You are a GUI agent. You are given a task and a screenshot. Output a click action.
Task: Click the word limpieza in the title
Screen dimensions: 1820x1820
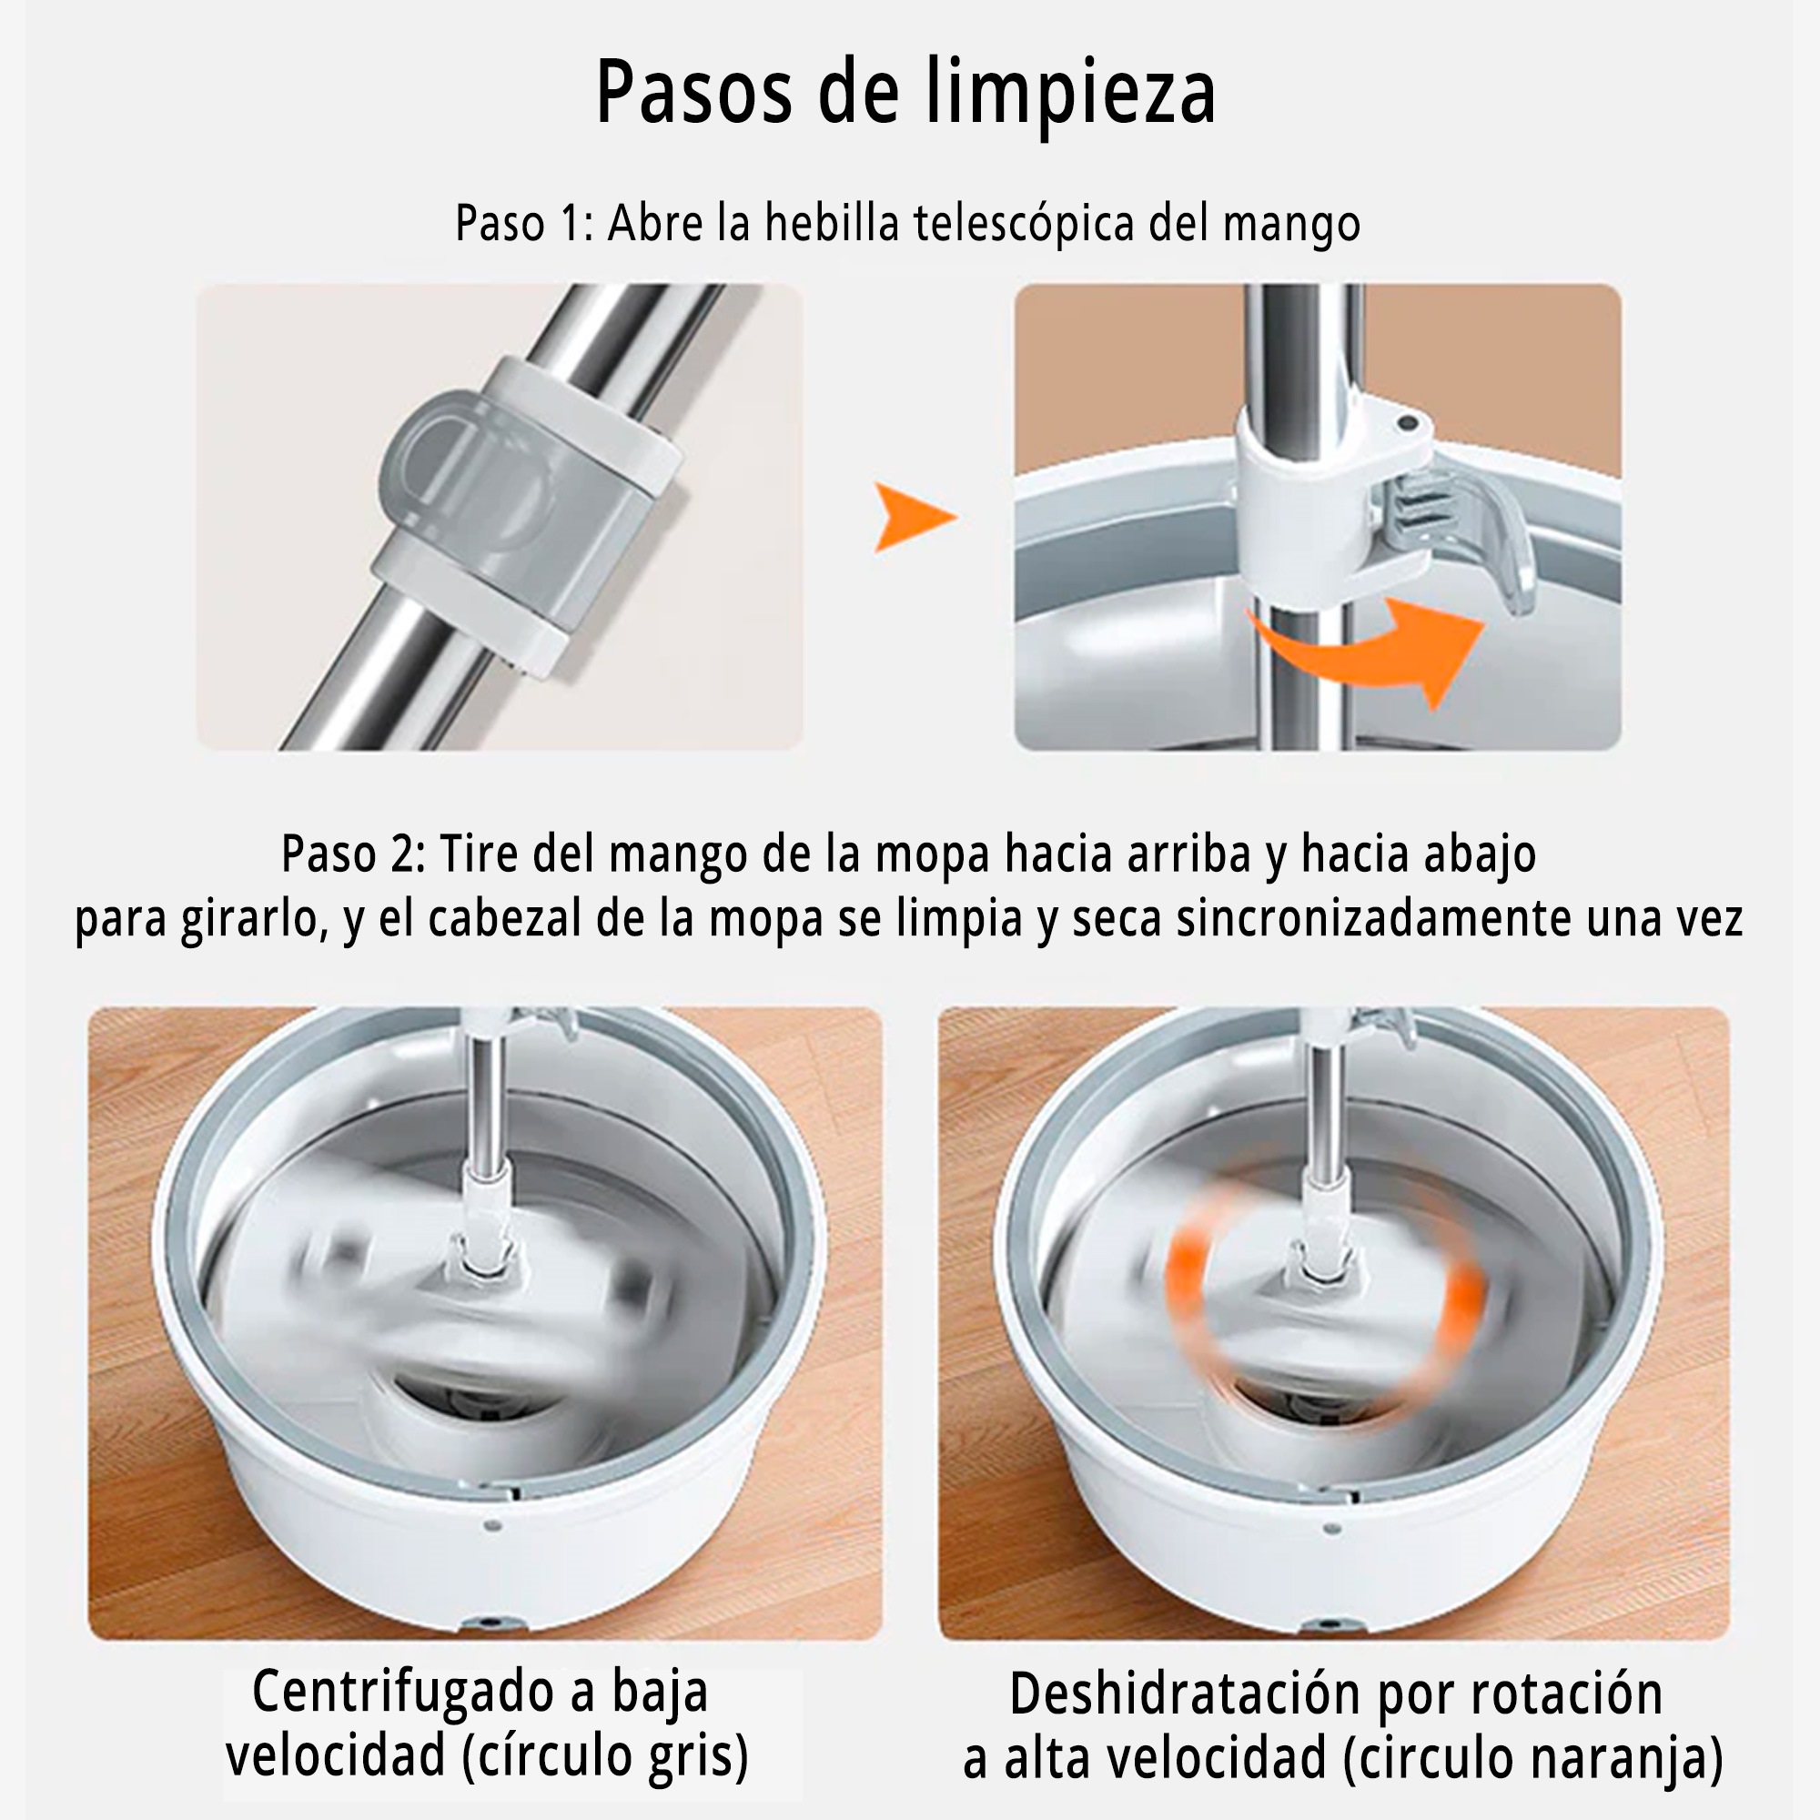point(1070,93)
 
